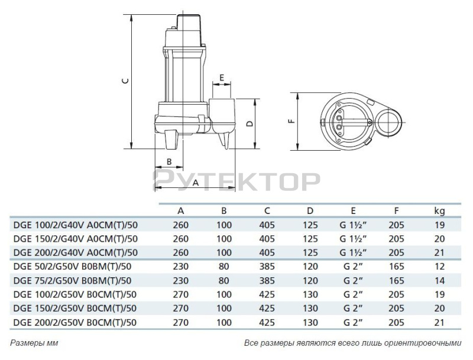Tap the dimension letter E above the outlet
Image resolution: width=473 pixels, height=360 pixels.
(x=221, y=77)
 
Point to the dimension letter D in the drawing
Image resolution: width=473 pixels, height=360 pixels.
(x=250, y=124)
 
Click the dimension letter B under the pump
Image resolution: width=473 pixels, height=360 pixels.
(x=169, y=161)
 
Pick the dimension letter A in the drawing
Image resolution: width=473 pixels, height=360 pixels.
(x=196, y=183)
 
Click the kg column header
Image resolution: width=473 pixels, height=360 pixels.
(x=439, y=211)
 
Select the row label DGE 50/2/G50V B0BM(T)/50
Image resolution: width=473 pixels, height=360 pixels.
(x=72, y=267)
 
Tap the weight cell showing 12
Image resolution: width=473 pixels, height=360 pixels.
(x=439, y=267)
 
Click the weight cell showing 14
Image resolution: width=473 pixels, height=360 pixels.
(x=439, y=281)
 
